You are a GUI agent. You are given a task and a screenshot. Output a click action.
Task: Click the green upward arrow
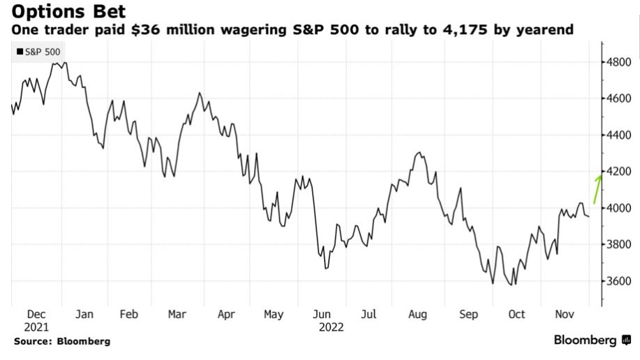[597, 188]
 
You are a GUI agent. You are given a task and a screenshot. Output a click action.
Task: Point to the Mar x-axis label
[177, 315]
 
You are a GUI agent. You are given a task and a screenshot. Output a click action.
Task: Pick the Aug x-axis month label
[417, 315]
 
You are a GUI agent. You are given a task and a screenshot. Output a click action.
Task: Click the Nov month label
[564, 315]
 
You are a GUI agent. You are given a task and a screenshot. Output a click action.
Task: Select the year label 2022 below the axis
[332, 326]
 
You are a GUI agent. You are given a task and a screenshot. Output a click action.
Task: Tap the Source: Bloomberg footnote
[61, 342]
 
